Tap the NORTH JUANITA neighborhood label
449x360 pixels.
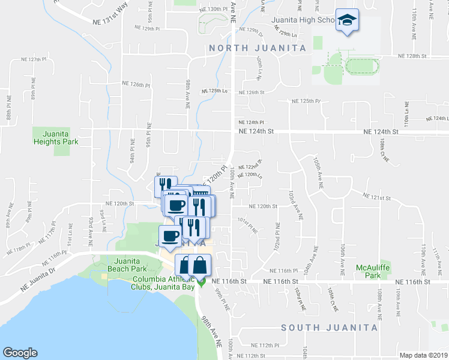pos(256,47)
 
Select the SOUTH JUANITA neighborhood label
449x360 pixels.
pos(330,328)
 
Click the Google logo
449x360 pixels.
pos(20,353)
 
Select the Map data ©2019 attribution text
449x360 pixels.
pos(423,355)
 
